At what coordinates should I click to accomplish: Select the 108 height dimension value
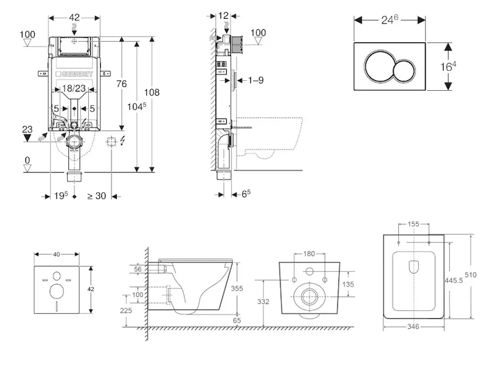click(152, 93)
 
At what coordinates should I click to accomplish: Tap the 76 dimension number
click(122, 84)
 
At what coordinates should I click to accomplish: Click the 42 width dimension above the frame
click(74, 18)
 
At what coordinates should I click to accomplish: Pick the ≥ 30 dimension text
click(96, 196)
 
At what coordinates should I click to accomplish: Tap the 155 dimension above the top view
click(413, 224)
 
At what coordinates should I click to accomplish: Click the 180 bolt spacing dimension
click(309, 254)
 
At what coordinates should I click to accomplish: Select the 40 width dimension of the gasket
click(57, 254)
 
